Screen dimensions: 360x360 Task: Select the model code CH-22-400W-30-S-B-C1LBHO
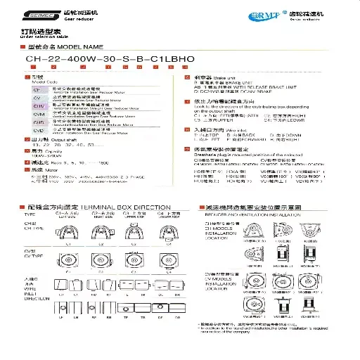99,59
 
